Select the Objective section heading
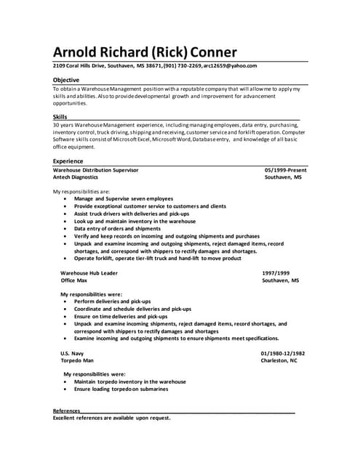(x=66, y=79)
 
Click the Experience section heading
(x=68, y=161)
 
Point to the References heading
(x=67, y=411)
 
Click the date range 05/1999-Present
(x=286, y=170)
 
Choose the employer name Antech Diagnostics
(x=76, y=177)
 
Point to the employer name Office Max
(x=74, y=280)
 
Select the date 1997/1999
(x=276, y=273)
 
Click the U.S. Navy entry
(x=72, y=353)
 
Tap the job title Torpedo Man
(x=77, y=360)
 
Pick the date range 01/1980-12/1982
(x=283, y=353)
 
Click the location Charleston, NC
(x=279, y=360)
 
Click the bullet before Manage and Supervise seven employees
(x=65, y=198)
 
